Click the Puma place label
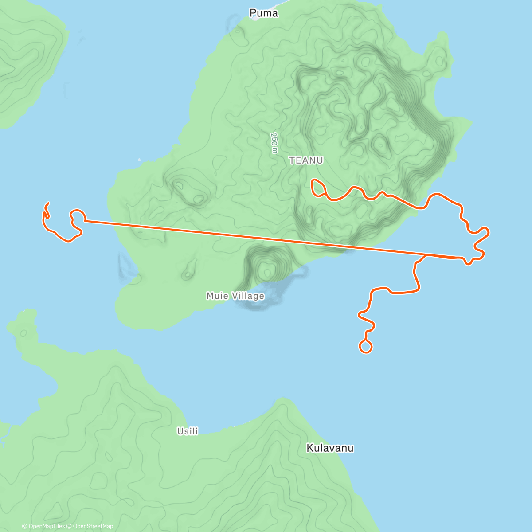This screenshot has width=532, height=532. (x=264, y=13)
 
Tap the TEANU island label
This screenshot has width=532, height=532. (x=306, y=160)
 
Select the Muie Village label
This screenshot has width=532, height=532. (x=235, y=296)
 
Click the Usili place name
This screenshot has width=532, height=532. (x=188, y=431)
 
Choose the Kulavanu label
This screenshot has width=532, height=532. (x=330, y=448)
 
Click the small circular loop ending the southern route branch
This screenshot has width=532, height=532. (x=365, y=347)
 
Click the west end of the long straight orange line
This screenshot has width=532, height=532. (x=85, y=220)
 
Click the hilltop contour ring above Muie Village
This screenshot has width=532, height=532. (x=267, y=269)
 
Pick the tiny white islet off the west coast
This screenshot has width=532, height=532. (x=139, y=160)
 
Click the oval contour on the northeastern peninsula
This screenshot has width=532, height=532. (x=440, y=60)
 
